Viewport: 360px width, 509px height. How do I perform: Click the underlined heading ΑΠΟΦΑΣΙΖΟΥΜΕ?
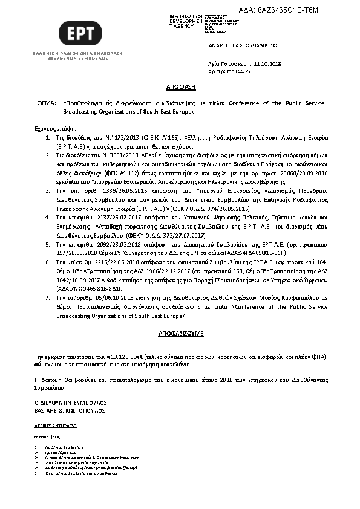click(179, 332)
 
